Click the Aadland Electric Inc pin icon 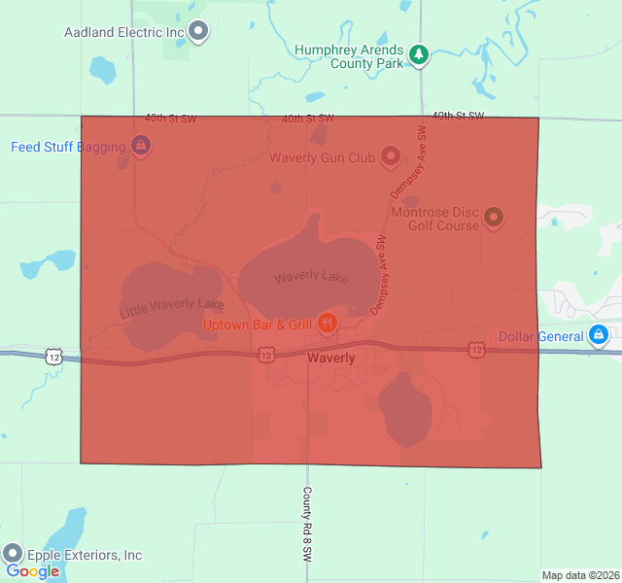199,31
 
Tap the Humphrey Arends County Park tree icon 419,54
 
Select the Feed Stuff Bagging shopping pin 141,147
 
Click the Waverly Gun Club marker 390,155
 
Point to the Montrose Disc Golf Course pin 493,217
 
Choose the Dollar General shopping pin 600,336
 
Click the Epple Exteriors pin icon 14,553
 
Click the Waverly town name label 330,359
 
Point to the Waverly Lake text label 311,278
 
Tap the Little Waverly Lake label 172,309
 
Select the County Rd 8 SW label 307,525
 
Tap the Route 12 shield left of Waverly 266,357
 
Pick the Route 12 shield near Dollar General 475,350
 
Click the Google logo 33,571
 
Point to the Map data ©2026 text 580,575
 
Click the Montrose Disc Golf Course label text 434,219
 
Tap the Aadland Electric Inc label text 124,32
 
